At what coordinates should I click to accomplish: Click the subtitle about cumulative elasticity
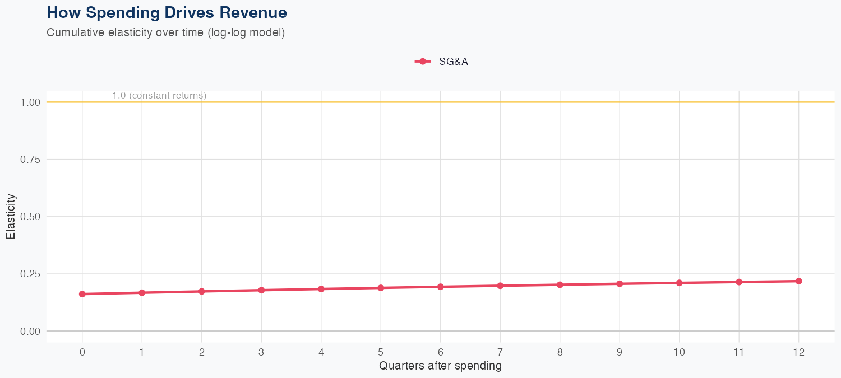pyautogui.click(x=166, y=32)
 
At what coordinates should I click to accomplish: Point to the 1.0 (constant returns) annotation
pyautogui.click(x=159, y=96)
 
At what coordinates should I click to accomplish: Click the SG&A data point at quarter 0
pyautogui.click(x=82, y=294)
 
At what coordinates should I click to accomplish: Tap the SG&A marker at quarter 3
pyautogui.click(x=261, y=290)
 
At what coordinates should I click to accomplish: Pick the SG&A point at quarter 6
pyautogui.click(x=441, y=287)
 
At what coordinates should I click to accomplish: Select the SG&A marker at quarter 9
pyautogui.click(x=620, y=284)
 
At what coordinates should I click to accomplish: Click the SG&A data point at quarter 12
pyautogui.click(x=798, y=281)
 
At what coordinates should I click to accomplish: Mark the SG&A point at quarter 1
pyautogui.click(x=142, y=293)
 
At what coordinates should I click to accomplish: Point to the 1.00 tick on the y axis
pyautogui.click(x=30, y=102)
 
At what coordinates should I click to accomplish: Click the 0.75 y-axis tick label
pyautogui.click(x=30, y=160)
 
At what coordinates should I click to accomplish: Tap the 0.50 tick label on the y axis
pyautogui.click(x=30, y=217)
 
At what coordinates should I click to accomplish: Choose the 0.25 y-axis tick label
pyautogui.click(x=30, y=274)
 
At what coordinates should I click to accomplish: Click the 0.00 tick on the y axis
pyautogui.click(x=30, y=332)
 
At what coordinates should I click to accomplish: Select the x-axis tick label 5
pyautogui.click(x=381, y=352)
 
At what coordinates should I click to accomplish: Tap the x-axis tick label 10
pyautogui.click(x=679, y=352)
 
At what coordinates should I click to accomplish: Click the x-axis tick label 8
pyautogui.click(x=560, y=352)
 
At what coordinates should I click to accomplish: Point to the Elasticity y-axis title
pyautogui.click(x=11, y=217)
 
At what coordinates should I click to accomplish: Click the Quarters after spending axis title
pyautogui.click(x=440, y=366)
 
